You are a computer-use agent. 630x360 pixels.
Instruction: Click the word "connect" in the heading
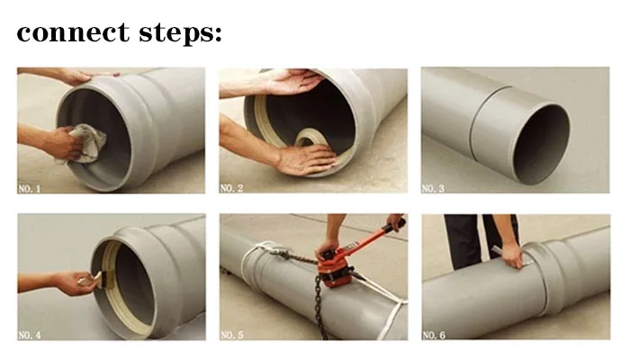(x=73, y=32)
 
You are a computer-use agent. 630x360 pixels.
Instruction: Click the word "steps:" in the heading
(x=180, y=34)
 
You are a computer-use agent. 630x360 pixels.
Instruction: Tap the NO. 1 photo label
(x=30, y=188)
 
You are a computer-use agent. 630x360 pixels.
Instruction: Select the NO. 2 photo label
(x=232, y=188)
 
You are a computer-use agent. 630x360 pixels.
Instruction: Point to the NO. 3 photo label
(x=433, y=188)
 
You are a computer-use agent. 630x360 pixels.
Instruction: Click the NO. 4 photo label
(x=30, y=335)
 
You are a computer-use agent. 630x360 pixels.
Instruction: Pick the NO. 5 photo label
(x=232, y=335)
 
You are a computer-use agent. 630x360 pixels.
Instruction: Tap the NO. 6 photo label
(x=434, y=335)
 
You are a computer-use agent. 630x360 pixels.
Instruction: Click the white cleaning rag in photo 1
(x=85, y=143)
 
